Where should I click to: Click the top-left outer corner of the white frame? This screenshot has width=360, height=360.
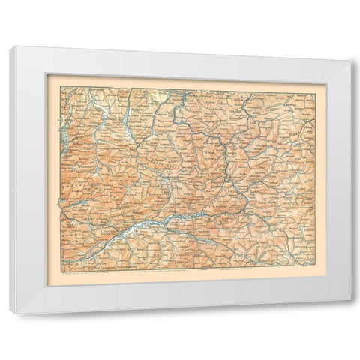pyautogui.click(x=11, y=46)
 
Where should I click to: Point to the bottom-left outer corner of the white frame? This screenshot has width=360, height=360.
pyautogui.click(x=11, y=314)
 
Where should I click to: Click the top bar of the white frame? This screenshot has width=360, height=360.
pyautogui.click(x=180, y=60)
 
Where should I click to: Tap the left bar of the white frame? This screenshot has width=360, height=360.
pyautogui.click(x=26, y=180)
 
